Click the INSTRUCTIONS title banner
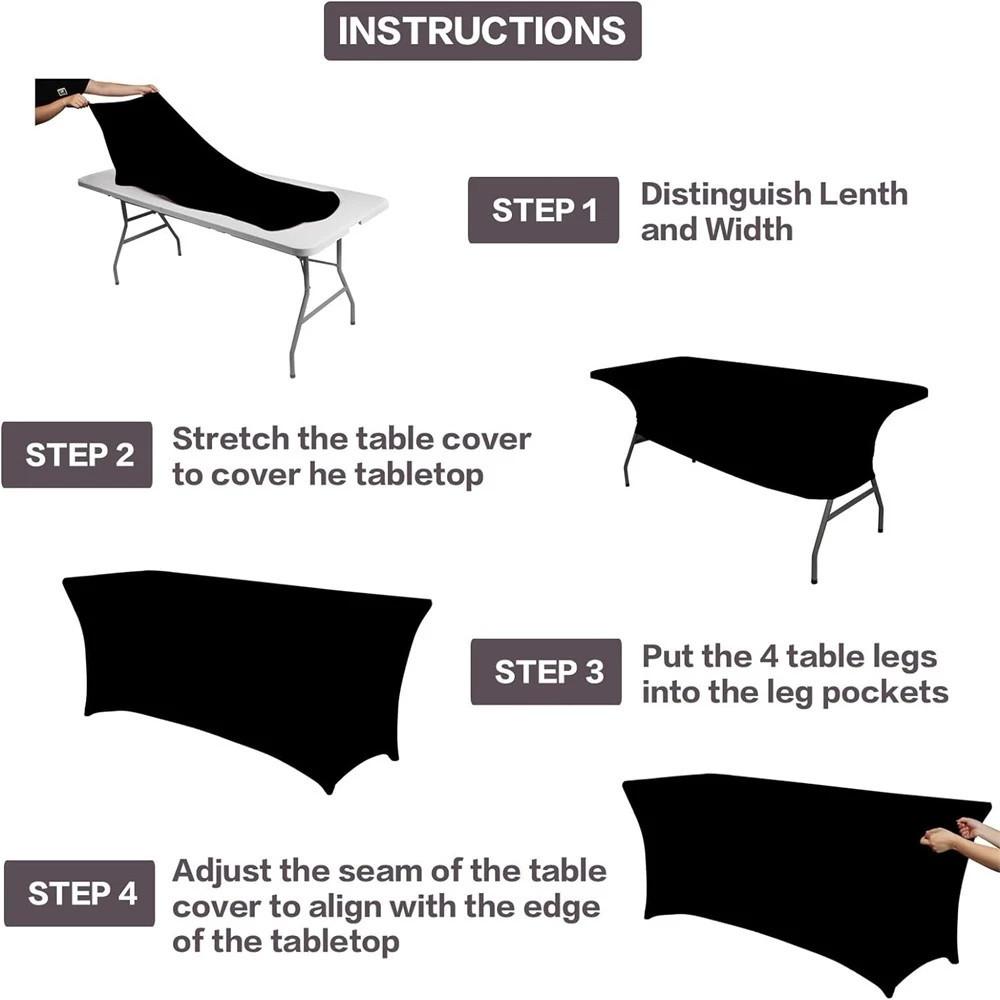[x=482, y=31]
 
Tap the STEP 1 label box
[x=543, y=210]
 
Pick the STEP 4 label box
[x=80, y=893]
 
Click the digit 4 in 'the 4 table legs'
[x=766, y=656]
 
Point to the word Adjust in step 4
[x=221, y=870]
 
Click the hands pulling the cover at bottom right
[x=951, y=835]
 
